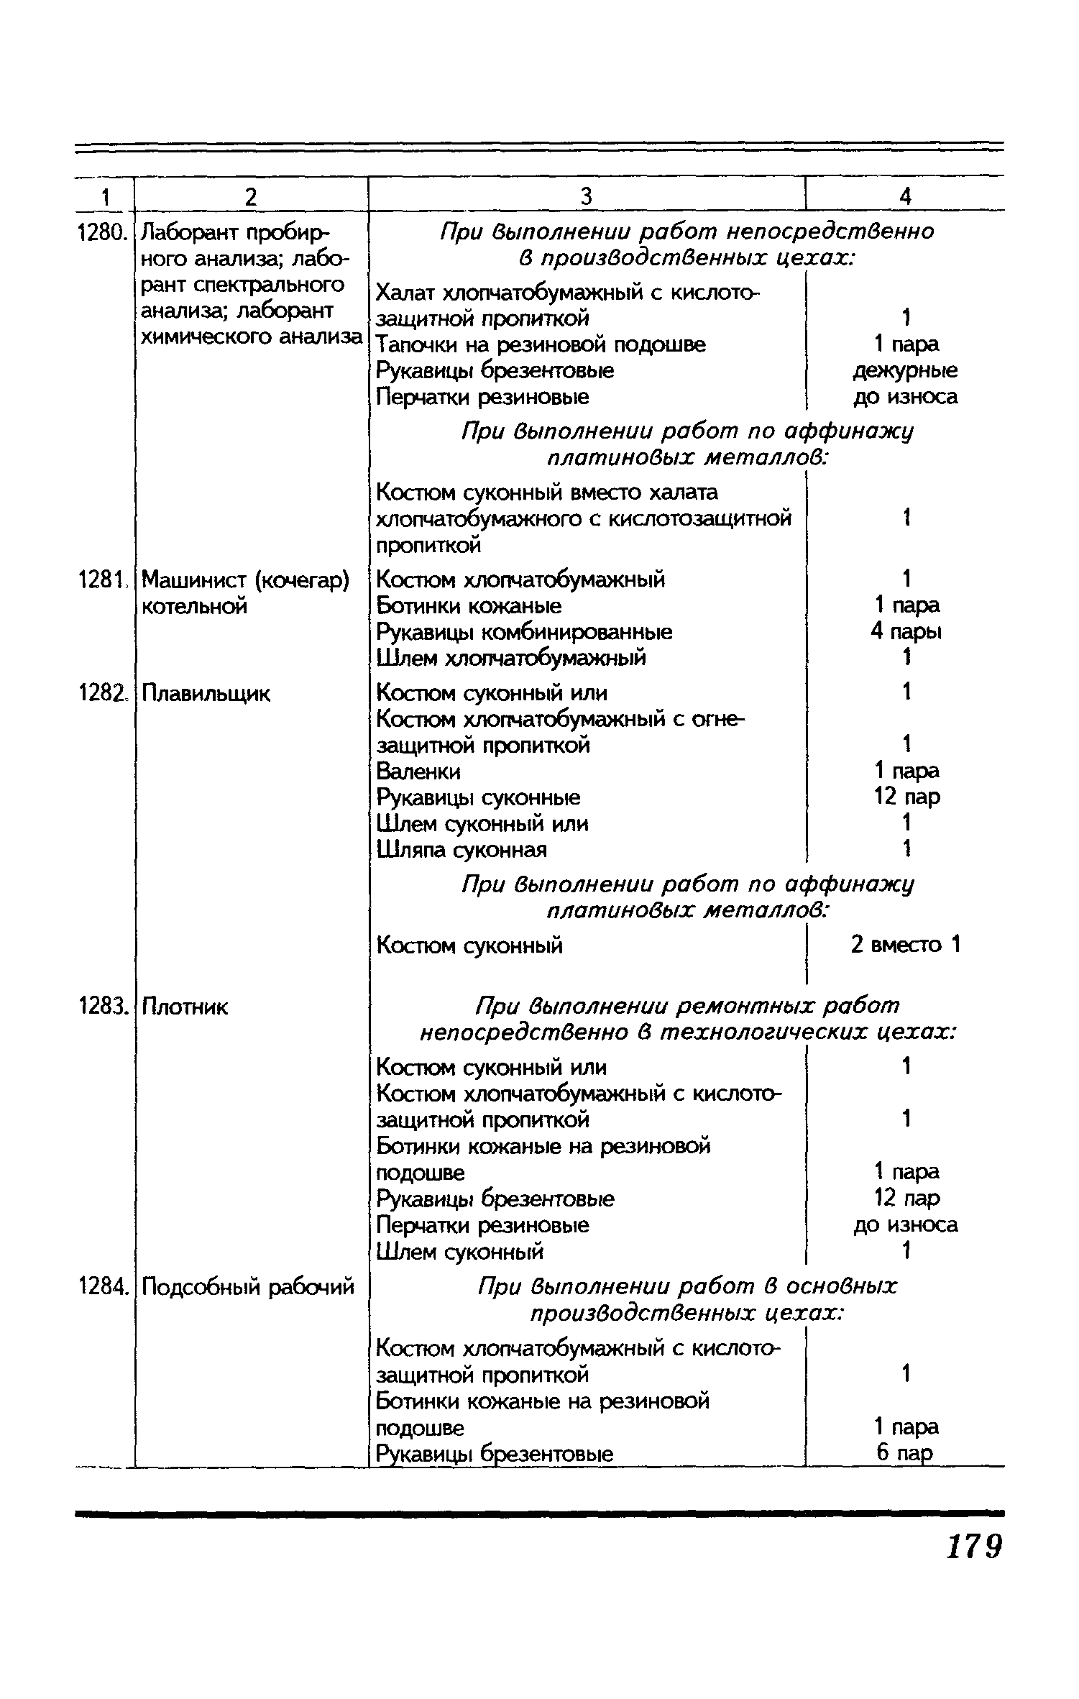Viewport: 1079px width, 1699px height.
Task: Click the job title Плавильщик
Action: [206, 694]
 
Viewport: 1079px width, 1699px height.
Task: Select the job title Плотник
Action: [184, 1007]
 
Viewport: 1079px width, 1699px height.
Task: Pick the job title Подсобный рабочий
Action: [248, 1286]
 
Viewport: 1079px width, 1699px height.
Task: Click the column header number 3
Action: [587, 196]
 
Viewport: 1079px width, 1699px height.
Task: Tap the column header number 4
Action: [906, 196]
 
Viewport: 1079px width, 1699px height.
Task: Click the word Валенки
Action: [418, 771]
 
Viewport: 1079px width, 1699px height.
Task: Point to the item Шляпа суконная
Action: [462, 850]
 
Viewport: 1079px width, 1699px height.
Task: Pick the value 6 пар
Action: [904, 1453]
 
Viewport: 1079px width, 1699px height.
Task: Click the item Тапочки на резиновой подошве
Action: [541, 345]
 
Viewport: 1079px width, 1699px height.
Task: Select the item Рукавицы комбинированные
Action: [525, 632]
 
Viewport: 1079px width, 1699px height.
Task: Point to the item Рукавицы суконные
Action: [479, 797]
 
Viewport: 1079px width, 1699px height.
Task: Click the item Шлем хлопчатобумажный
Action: [511, 658]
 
